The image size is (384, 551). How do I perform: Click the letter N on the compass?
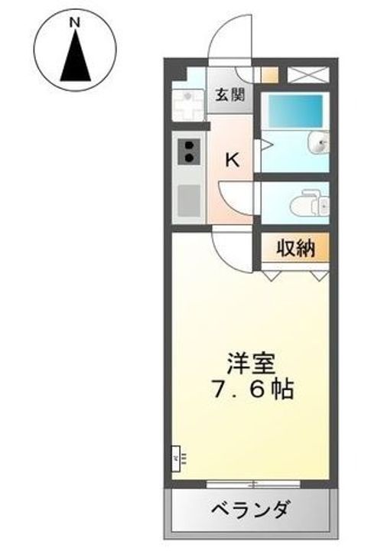point(76,23)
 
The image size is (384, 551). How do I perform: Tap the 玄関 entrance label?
point(228,96)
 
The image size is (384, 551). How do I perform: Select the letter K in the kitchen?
point(232,161)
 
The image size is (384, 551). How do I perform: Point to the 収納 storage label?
point(295,249)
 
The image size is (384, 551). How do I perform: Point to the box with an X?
point(308,75)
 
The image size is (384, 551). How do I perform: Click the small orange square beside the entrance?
point(269,75)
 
